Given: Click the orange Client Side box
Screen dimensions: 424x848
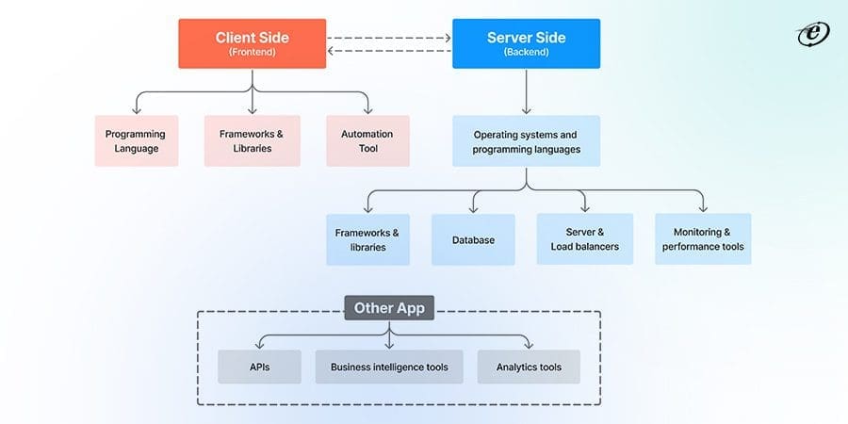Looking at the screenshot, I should (252, 43).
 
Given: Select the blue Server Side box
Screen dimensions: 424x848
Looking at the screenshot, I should (525, 43).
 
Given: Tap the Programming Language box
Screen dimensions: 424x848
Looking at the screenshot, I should (136, 141).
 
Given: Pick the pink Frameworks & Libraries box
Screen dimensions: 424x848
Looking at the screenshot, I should (252, 141).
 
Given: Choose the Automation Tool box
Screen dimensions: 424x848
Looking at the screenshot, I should (367, 141).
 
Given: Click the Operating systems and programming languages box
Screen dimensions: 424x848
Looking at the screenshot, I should (525, 141).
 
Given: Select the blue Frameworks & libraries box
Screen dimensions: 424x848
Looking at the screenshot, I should (367, 239).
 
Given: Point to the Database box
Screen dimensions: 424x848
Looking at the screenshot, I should (473, 239).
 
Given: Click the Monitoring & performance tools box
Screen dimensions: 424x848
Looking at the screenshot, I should (703, 239).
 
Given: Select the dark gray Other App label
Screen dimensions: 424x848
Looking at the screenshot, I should (388, 308).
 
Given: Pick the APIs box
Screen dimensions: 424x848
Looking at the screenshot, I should (259, 367).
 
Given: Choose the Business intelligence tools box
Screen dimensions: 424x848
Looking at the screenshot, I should (389, 367).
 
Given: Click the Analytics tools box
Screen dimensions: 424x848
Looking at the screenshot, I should (529, 367).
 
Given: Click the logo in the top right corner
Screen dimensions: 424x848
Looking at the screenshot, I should (811, 34).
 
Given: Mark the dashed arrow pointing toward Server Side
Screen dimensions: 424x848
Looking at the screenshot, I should (388, 39).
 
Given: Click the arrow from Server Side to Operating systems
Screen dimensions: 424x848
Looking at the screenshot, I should (525, 91).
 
